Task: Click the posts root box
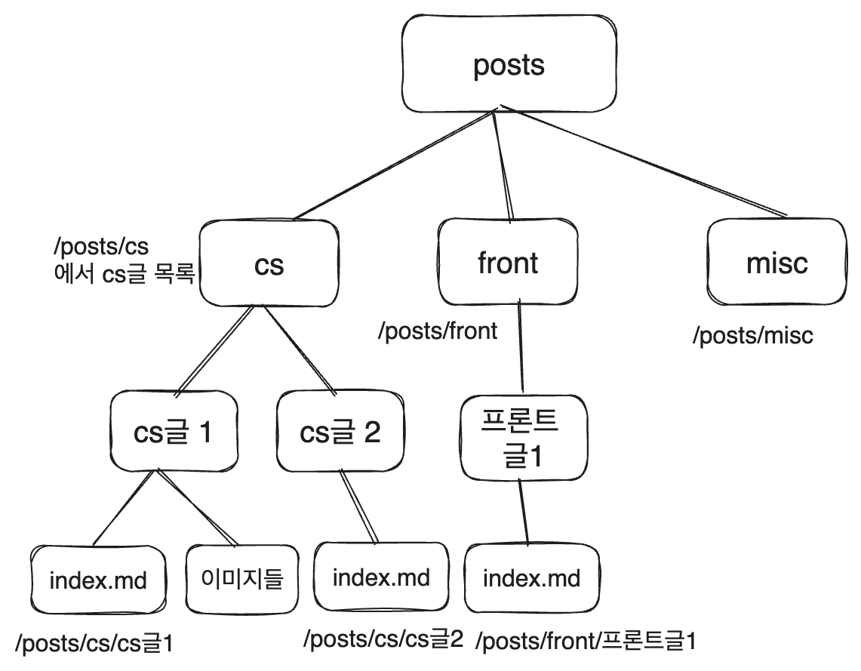[508, 64]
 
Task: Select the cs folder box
[269, 264]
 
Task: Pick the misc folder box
[776, 263]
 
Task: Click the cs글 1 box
[173, 432]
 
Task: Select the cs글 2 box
[340, 432]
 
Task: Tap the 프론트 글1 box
[520, 438]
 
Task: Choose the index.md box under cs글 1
[97, 580]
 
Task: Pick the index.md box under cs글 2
[381, 577]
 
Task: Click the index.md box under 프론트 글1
[531, 579]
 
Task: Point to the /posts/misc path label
[753, 335]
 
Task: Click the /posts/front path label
[438, 331]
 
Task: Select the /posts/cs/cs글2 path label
[383, 639]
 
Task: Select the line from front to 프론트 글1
[520, 347]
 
